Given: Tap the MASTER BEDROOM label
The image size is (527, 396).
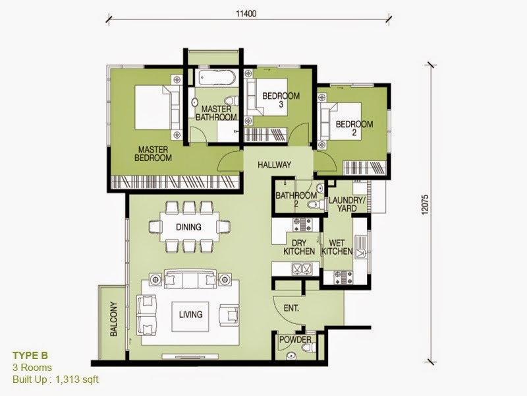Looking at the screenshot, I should [153, 153].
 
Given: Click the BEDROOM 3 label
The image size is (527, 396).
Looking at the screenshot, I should [281, 100].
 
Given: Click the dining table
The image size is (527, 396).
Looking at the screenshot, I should [188, 227].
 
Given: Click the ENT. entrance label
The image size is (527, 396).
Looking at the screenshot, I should [292, 308].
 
